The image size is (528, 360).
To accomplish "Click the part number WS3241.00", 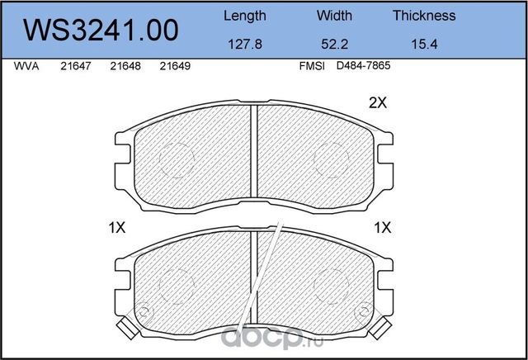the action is pyautogui.click(x=101, y=30).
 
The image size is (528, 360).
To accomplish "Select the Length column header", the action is pyautogui.click(x=245, y=17).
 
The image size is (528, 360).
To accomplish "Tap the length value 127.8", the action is pyautogui.click(x=245, y=44).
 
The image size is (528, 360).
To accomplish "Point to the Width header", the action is pyautogui.click(x=334, y=16).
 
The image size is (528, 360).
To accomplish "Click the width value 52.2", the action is pyautogui.click(x=334, y=44).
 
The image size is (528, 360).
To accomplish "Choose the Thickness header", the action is pyautogui.click(x=424, y=16).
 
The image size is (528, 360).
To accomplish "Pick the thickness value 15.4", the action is pyautogui.click(x=424, y=44).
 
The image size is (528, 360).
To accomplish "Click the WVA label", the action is pyautogui.click(x=26, y=66).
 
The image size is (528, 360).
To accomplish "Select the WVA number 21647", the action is pyautogui.click(x=76, y=66).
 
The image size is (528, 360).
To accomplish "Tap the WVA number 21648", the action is pyautogui.click(x=125, y=66).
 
